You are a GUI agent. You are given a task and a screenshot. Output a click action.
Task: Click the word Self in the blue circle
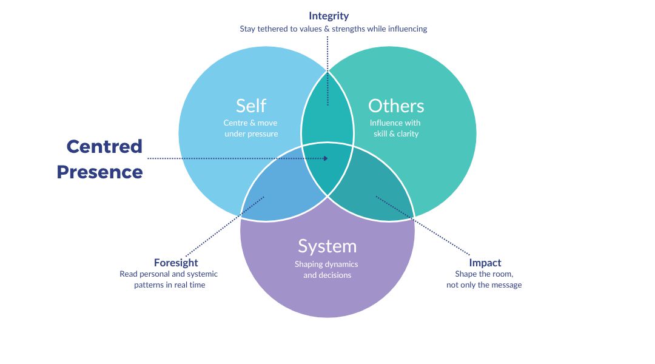click(251, 106)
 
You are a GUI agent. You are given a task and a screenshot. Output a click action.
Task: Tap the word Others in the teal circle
click(396, 106)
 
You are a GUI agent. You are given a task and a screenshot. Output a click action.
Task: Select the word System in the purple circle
click(327, 246)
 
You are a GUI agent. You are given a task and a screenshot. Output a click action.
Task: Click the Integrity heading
click(329, 16)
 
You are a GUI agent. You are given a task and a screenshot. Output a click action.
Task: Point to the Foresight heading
click(176, 263)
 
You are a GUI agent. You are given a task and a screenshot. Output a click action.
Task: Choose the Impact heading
click(485, 263)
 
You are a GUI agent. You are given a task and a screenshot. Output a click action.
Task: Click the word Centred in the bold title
click(104, 146)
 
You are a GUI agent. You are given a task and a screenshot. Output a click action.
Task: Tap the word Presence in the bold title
click(100, 172)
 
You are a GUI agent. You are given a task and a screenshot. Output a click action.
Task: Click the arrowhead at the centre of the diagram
click(326, 158)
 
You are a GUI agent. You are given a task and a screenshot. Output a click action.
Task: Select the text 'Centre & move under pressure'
click(250, 128)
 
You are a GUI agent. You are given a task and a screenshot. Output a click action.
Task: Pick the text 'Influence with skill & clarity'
click(395, 128)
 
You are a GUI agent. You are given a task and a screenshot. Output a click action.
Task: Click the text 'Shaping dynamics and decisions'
click(327, 269)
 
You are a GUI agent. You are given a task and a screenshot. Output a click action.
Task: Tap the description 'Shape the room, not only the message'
click(484, 279)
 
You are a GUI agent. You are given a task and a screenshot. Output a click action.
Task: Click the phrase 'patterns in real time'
click(170, 285)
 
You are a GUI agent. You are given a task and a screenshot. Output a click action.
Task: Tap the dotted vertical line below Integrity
click(327, 67)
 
